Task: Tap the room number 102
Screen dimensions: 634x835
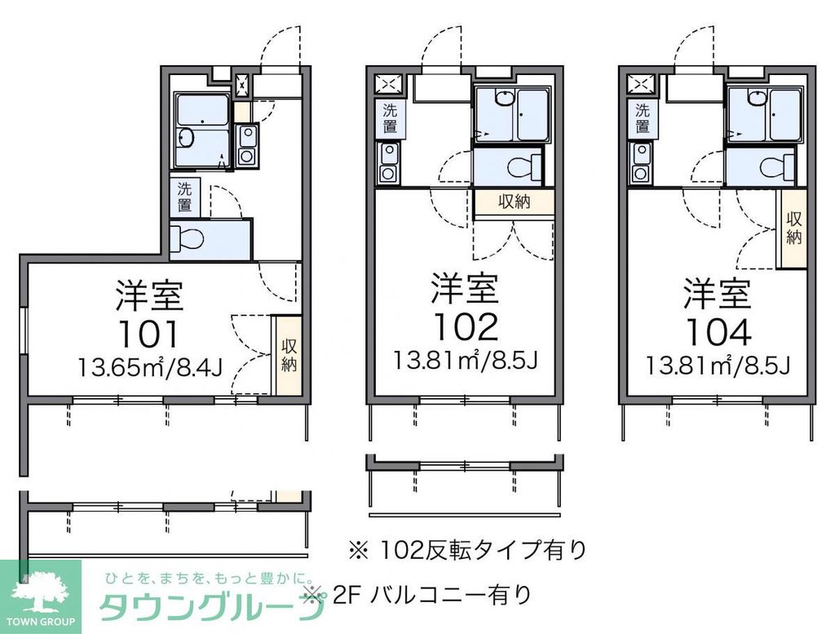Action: click(x=464, y=326)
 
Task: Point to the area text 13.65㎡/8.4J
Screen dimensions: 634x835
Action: click(x=150, y=368)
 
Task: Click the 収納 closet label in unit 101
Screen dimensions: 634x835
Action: click(x=288, y=355)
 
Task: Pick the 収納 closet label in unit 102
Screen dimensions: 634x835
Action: click(x=514, y=202)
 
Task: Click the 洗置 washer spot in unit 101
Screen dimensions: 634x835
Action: click(x=185, y=197)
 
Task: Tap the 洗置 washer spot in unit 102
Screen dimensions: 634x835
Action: click(x=390, y=119)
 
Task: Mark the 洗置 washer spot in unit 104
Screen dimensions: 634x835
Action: click(x=643, y=119)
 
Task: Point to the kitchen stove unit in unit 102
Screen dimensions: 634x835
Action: click(x=388, y=163)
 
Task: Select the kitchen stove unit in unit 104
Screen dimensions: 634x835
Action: click(x=641, y=163)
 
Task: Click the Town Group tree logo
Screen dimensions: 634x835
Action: click(x=40, y=593)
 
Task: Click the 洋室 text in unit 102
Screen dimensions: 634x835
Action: click(x=464, y=287)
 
